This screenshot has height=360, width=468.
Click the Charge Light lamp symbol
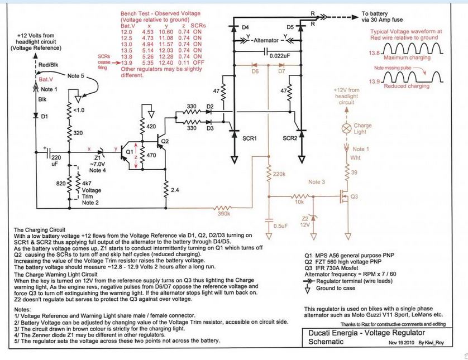point(346,128)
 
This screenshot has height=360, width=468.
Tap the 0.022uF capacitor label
point(280,56)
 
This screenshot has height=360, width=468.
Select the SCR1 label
point(250,138)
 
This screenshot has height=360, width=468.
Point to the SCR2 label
point(290,138)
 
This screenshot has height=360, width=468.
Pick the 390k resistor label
point(224,214)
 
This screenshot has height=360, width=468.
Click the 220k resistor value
point(279,174)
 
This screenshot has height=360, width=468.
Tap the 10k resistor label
point(299,202)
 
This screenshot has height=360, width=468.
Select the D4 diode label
point(245,27)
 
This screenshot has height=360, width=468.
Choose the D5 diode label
point(290,27)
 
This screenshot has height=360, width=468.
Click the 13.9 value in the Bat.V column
point(126,63)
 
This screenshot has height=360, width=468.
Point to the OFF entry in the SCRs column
point(198,63)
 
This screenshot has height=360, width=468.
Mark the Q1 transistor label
point(130,152)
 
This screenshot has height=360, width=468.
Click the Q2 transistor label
point(165,141)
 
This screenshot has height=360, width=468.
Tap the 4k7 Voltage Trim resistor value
point(87,184)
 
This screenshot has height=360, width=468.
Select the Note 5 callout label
point(76,76)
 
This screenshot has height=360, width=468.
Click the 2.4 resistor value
point(175,190)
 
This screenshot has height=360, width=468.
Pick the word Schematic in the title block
point(326,342)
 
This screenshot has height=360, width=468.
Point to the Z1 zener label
point(98,158)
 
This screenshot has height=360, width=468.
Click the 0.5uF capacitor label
point(280,226)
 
